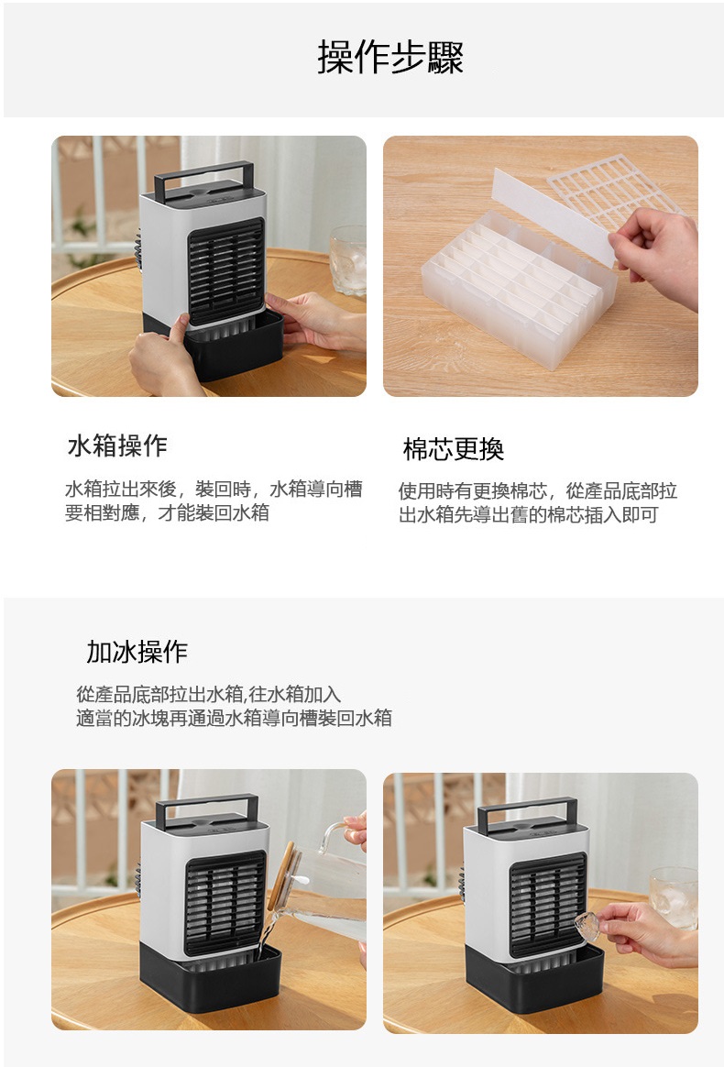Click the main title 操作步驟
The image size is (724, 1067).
click(x=390, y=57)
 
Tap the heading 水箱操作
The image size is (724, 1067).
click(x=117, y=445)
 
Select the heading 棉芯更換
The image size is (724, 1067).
click(x=453, y=449)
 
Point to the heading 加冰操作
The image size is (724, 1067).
click(x=136, y=651)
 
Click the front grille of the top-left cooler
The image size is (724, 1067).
click(x=225, y=270)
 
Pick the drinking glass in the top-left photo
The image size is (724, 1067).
click(x=348, y=260)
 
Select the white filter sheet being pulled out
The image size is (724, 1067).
click(x=553, y=215)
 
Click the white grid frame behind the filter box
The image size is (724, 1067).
click(x=616, y=191)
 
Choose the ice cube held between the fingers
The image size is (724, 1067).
click(x=587, y=925)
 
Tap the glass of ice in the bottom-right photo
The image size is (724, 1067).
click(x=673, y=897)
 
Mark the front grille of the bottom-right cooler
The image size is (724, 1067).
click(x=548, y=905)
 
